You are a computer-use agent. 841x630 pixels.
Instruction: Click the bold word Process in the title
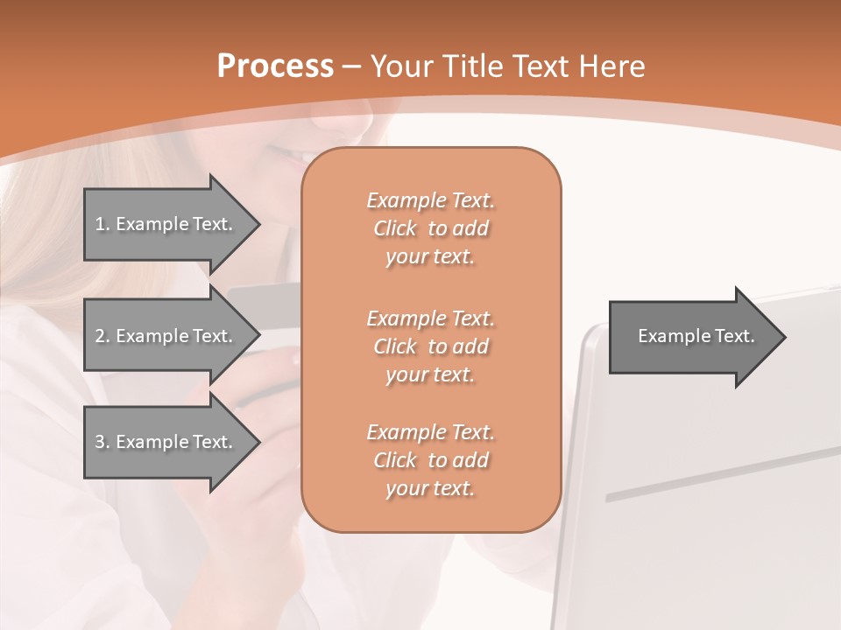[x=275, y=66]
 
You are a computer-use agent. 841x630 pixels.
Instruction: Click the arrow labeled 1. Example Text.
[x=166, y=224]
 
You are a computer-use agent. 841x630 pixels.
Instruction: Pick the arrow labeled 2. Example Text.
[x=166, y=336]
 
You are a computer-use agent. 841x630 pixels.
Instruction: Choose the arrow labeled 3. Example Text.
[x=166, y=442]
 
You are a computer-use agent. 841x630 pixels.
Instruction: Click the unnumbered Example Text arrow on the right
[x=692, y=337]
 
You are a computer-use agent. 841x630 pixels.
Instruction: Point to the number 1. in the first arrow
[x=102, y=224]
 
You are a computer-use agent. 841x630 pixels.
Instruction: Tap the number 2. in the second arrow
[x=102, y=336]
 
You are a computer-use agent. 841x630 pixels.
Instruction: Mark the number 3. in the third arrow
[x=102, y=442]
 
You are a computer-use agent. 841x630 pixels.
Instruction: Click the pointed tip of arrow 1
[x=254, y=224]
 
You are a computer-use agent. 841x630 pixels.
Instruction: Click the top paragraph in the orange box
[x=430, y=228]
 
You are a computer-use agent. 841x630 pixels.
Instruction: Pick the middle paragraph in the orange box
[x=430, y=346]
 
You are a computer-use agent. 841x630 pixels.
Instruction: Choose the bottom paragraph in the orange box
[x=430, y=460]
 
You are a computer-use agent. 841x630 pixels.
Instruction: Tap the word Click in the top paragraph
[x=395, y=228]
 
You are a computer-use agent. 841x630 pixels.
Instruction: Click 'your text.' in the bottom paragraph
[x=430, y=488]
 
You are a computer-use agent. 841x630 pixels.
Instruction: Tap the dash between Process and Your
[x=352, y=66]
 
